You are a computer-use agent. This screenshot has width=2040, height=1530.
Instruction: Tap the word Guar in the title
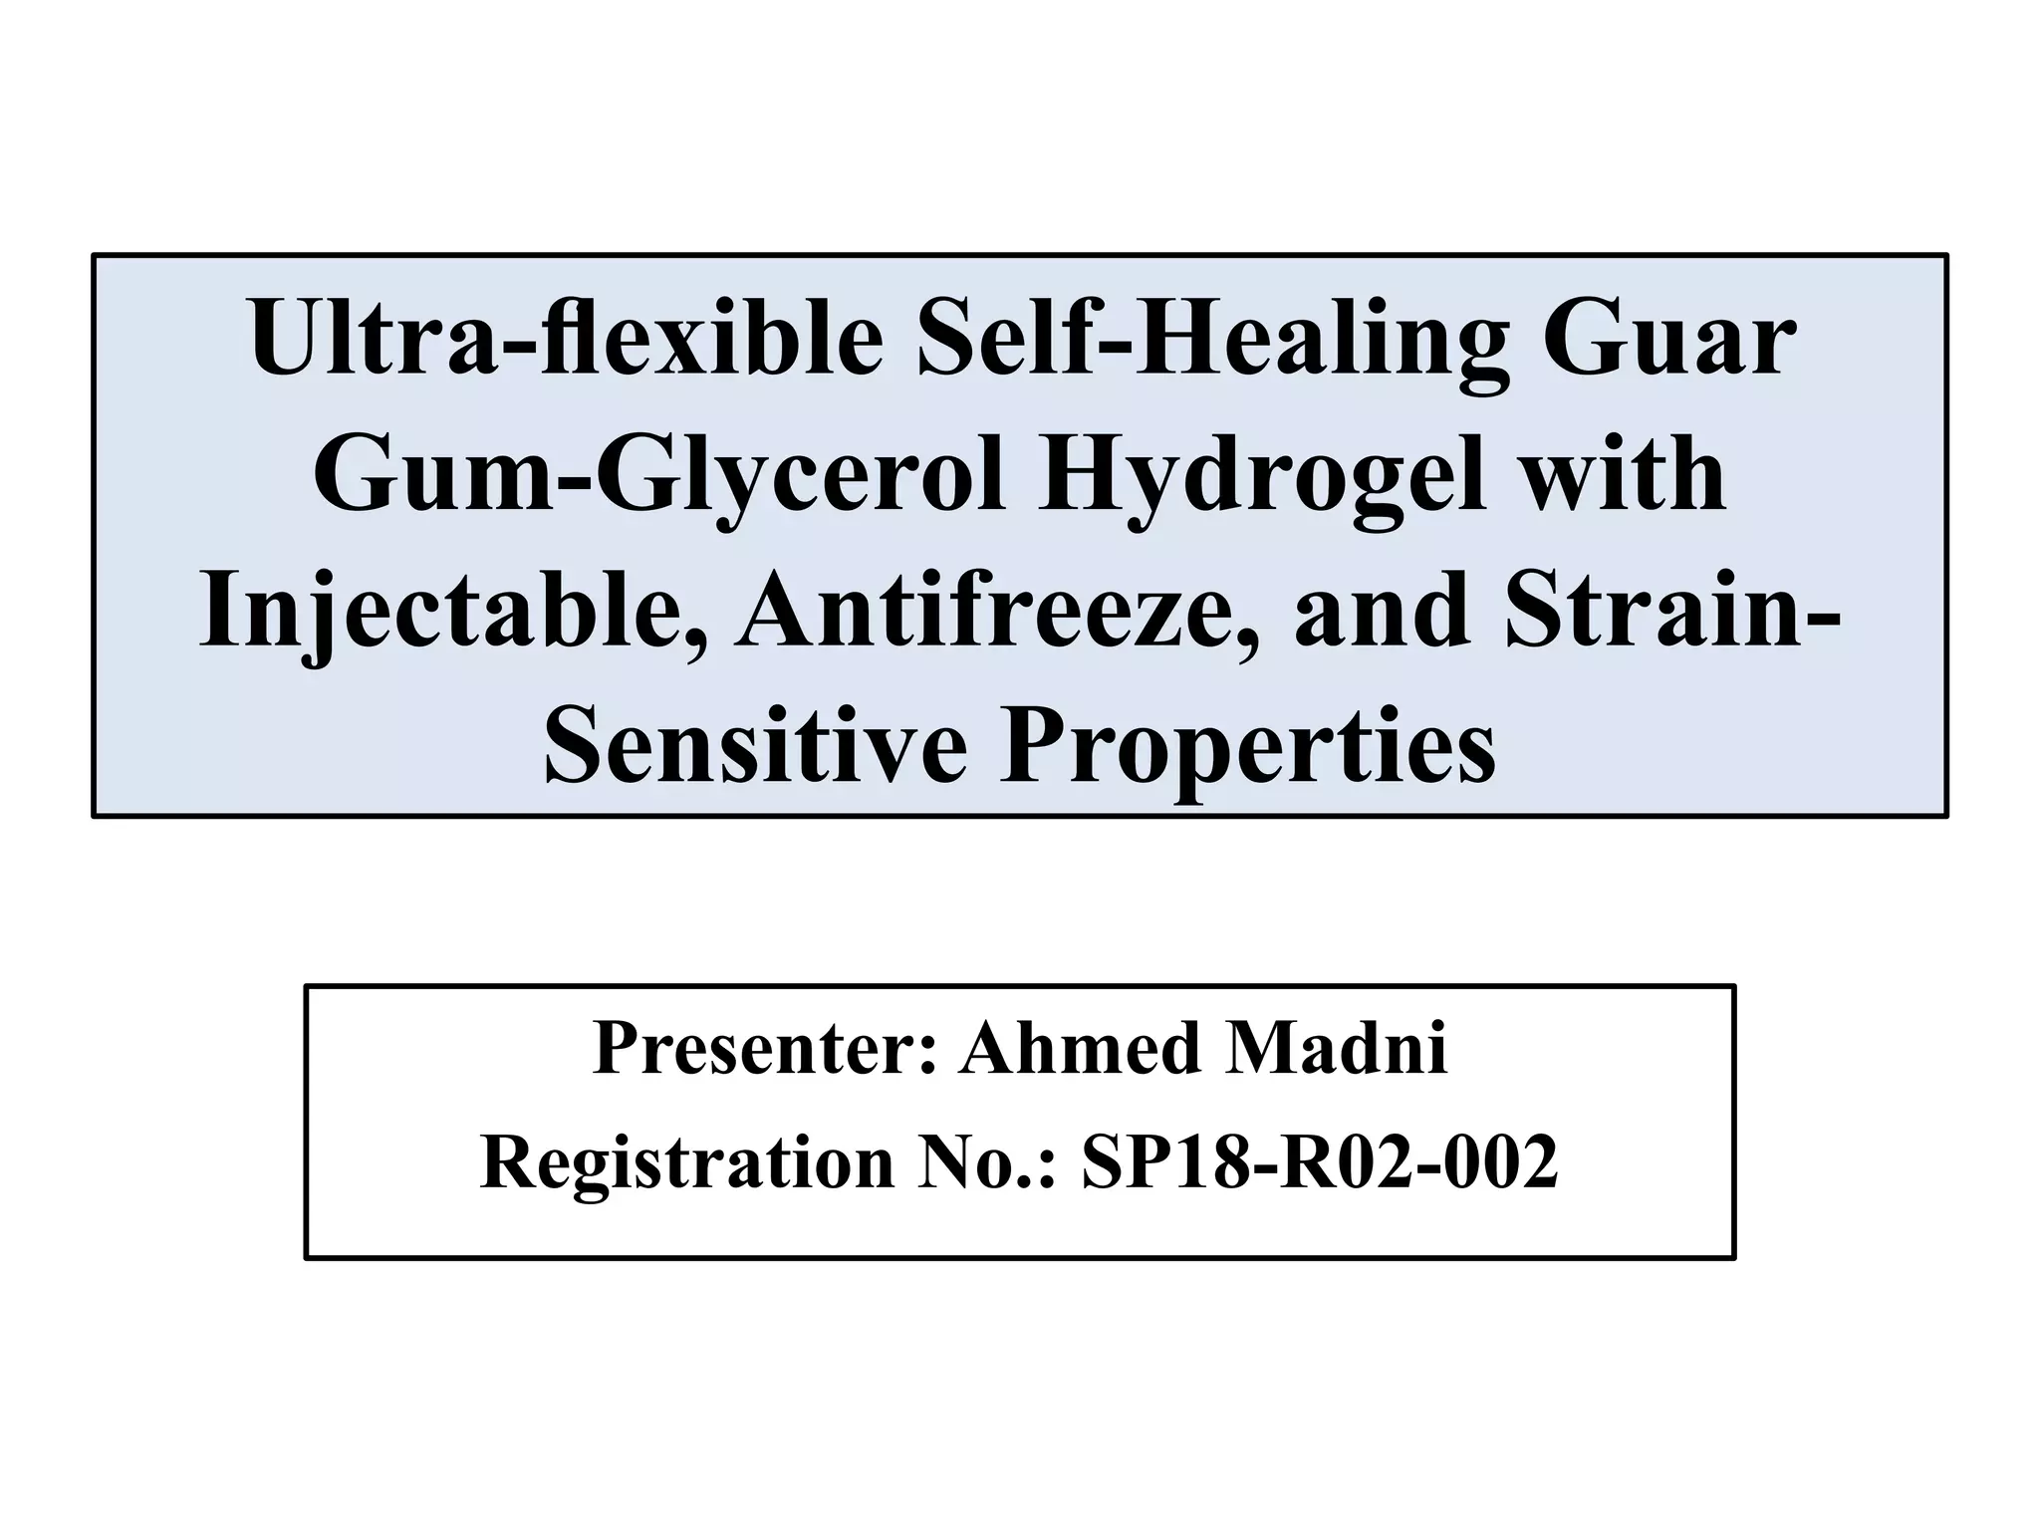1669,336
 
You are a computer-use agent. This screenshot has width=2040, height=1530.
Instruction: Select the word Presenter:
765,1049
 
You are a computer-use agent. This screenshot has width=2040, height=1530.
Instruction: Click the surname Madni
1336,1049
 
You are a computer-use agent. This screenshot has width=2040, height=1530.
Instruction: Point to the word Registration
687,1163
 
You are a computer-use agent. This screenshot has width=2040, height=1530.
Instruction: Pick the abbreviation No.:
987,1163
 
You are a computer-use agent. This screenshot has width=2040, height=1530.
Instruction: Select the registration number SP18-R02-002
1319,1163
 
